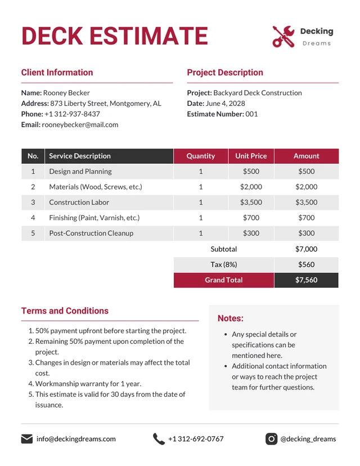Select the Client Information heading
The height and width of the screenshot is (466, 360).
57,73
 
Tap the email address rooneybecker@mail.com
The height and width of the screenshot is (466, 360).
80,124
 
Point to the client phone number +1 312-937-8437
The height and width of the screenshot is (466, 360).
72,114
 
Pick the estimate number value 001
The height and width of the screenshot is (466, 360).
251,114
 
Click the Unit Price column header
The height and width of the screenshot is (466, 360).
251,156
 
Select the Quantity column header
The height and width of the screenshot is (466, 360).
201,156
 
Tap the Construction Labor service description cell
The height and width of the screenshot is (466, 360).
79,202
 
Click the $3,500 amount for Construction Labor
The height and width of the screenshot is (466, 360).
307,202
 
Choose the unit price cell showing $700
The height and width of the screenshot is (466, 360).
251,218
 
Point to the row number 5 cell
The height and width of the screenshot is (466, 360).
33,233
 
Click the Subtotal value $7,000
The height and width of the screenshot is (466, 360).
307,249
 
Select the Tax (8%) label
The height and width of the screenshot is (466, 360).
224,265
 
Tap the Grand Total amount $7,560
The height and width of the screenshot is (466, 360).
307,280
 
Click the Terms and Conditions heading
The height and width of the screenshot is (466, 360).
65,311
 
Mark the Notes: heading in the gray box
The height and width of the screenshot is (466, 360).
231,319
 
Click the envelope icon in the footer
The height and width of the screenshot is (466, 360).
27,439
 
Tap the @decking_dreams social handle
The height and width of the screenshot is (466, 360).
308,439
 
